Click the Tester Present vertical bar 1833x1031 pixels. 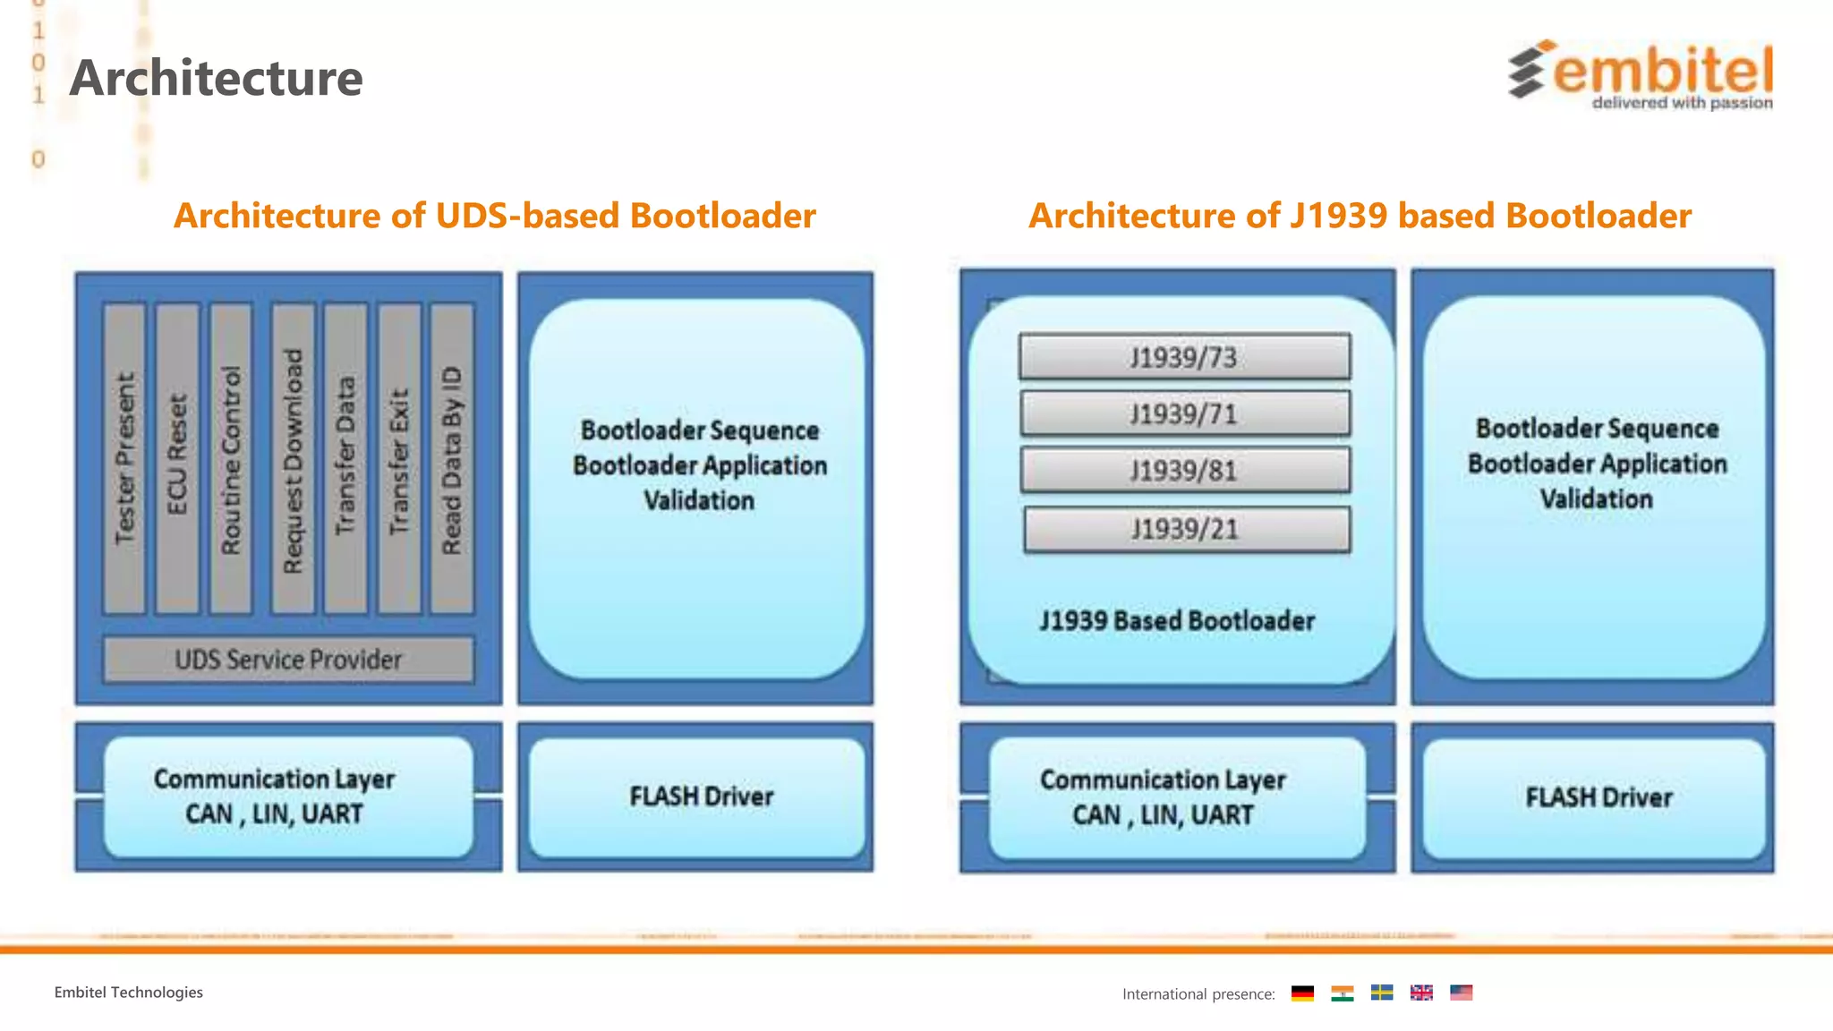[x=124, y=459]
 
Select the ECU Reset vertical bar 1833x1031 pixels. [x=177, y=459]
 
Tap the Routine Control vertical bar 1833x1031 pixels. [x=231, y=459]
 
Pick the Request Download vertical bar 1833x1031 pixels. [x=293, y=459]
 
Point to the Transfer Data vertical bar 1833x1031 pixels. [x=345, y=459]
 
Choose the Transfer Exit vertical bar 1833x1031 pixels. [x=399, y=459]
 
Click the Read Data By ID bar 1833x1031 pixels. [x=452, y=459]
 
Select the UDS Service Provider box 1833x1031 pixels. [x=288, y=660]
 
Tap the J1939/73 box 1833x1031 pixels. [x=1184, y=357]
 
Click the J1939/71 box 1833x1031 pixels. [x=1184, y=413]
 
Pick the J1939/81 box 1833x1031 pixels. [x=1184, y=471]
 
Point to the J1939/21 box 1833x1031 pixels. [x=1186, y=529]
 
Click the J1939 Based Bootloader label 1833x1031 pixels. [x=1177, y=620]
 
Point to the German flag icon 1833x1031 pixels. [x=1302, y=993]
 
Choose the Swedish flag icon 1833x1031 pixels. [x=1382, y=993]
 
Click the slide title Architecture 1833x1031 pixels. [x=217, y=78]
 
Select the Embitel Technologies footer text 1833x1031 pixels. [x=128, y=993]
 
